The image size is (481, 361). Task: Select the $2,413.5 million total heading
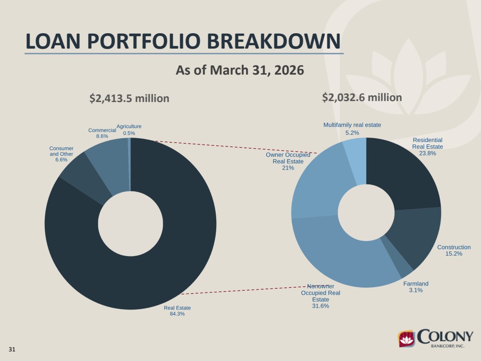point(129,99)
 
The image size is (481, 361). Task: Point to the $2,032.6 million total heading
point(362,98)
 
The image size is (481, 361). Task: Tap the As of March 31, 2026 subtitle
point(240,70)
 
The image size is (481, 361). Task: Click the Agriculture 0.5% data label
point(129,130)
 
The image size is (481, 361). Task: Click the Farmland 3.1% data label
point(416,287)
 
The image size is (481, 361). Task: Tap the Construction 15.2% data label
point(454,250)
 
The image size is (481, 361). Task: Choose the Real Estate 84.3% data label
point(177,310)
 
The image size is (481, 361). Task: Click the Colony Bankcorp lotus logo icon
point(406,338)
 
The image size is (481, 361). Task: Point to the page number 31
point(12,349)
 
